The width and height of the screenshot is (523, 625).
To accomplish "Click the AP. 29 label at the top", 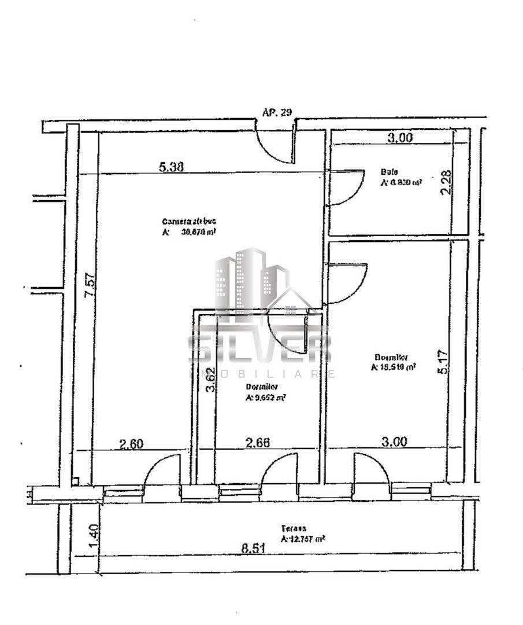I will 277,112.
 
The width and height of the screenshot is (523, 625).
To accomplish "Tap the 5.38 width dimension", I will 171,167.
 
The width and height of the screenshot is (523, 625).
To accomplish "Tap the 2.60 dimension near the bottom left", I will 132,444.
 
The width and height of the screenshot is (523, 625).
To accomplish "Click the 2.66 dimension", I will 258,443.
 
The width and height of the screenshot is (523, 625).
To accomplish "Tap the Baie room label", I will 386,172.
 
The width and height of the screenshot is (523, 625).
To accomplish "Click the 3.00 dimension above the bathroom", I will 399,138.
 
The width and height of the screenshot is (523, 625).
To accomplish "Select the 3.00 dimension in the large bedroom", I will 394,442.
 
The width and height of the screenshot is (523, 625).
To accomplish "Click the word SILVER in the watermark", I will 260,347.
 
